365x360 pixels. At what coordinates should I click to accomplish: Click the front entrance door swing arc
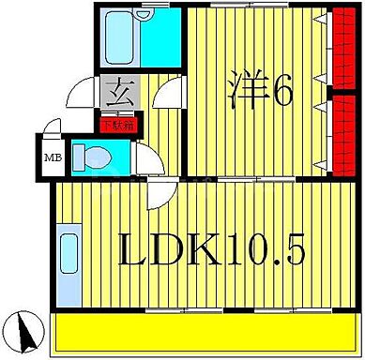(x=79, y=94)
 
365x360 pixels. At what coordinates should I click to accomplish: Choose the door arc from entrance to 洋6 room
(x=169, y=94)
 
